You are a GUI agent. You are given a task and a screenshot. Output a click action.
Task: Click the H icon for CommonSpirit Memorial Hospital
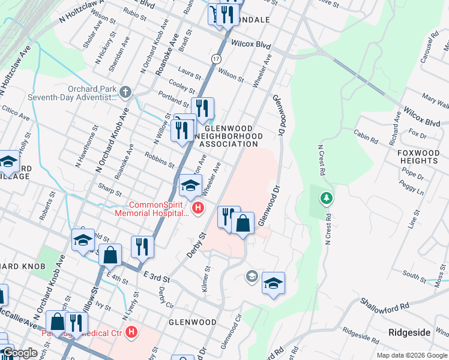[198, 208]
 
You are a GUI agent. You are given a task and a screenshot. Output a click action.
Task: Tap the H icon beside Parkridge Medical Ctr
[132, 332]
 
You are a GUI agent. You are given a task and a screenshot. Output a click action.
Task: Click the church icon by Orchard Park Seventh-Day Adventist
[125, 92]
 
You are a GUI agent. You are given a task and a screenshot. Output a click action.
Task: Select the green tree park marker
[326, 197]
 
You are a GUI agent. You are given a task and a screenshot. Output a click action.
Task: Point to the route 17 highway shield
[215, 58]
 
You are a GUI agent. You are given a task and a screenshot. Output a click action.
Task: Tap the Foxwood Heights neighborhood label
[418, 157]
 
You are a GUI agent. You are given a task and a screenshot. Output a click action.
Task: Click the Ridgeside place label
[409, 332]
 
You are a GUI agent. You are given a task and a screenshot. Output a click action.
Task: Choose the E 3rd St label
[157, 276]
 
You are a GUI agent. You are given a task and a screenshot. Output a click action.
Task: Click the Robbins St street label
[159, 160]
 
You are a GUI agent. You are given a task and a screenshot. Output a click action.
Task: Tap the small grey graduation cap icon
[252, 276]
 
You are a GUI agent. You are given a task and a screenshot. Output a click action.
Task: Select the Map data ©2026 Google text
[411, 355]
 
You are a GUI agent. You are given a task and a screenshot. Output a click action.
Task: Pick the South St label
[414, 275]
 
